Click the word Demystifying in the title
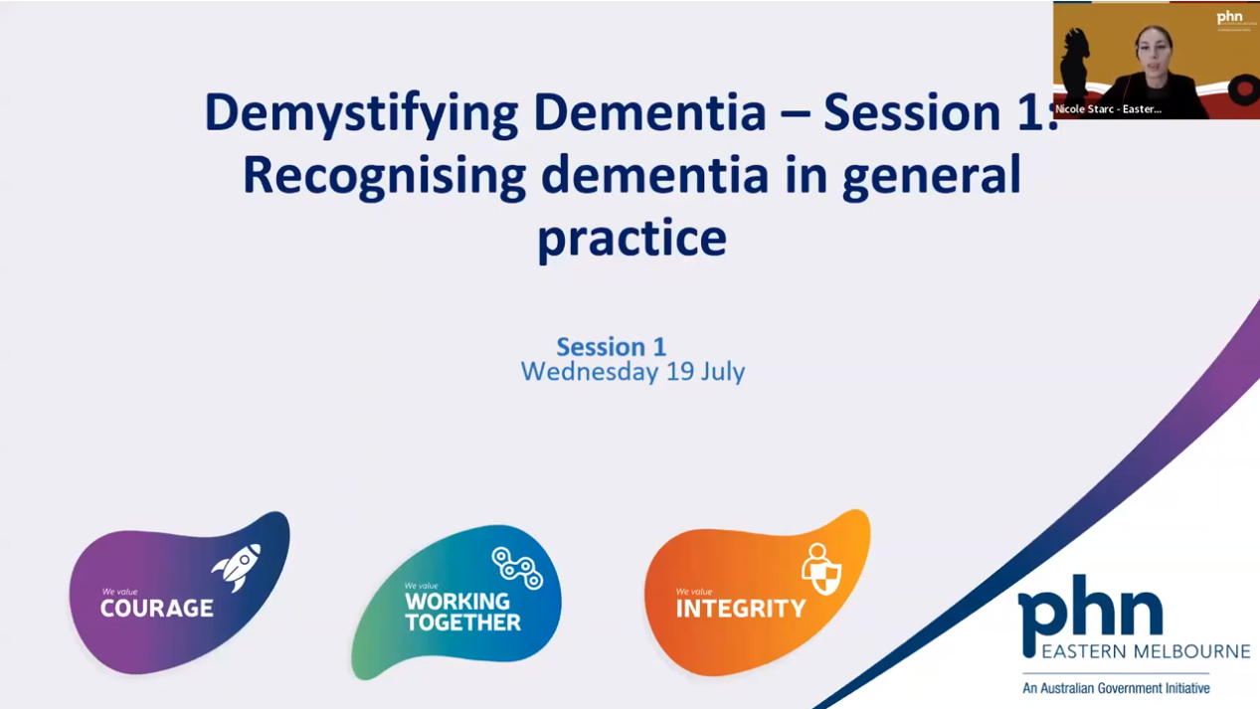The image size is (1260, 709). click(361, 113)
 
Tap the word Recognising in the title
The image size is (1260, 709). click(384, 175)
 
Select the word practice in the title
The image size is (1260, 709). click(631, 238)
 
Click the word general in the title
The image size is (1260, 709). click(934, 175)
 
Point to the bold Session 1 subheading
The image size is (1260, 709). click(611, 346)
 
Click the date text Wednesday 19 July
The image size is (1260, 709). click(632, 372)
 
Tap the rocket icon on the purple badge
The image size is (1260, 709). click(238, 568)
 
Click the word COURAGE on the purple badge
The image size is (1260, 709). click(156, 609)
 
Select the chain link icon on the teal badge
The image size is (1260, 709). click(517, 567)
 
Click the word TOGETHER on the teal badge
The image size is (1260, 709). click(462, 623)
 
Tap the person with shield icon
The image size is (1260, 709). click(821, 569)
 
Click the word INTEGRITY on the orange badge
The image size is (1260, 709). click(741, 609)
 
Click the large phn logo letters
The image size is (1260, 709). click(1090, 609)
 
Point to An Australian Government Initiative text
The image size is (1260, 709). click(1116, 688)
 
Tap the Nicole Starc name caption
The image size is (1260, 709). click(1108, 109)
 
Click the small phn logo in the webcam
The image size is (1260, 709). click(1230, 17)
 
